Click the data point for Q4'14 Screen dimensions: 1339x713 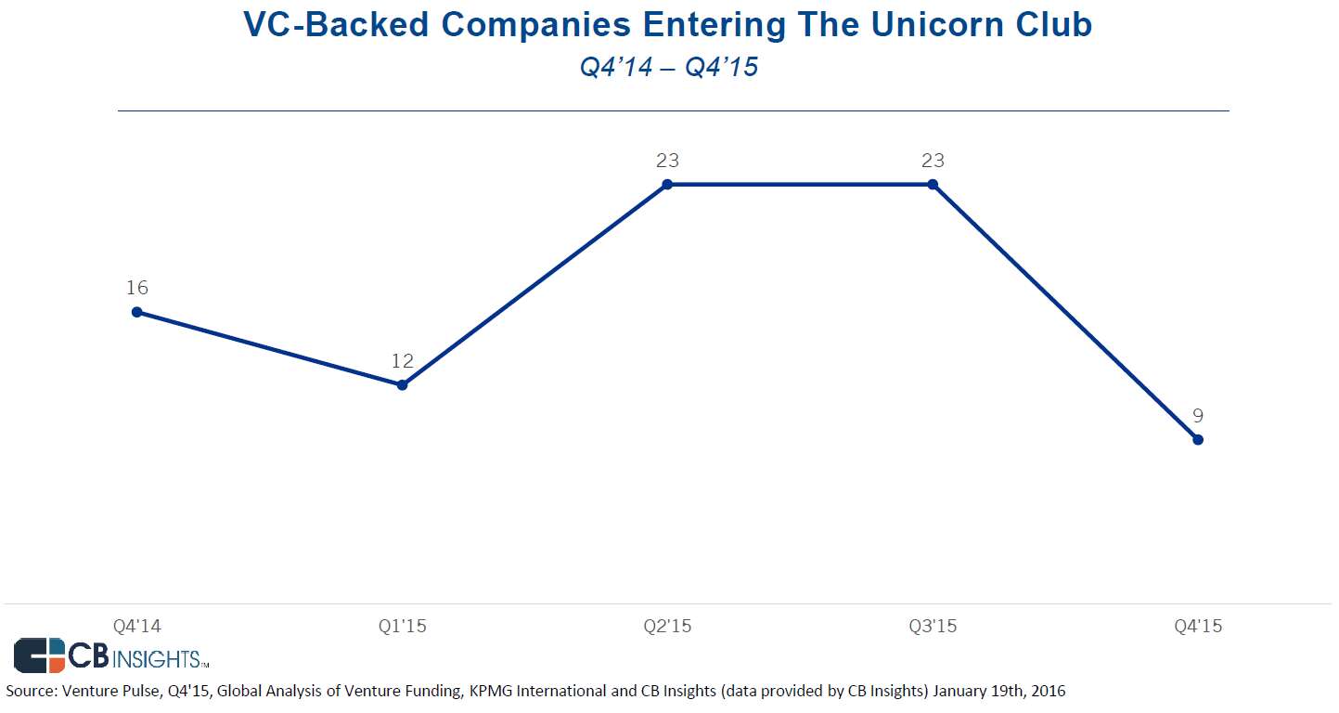pos(137,312)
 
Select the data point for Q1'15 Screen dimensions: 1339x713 pos(402,384)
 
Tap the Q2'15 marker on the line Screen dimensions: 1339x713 pos(667,185)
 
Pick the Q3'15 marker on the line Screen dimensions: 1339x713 pos(933,185)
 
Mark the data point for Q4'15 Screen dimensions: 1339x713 pos(1198,439)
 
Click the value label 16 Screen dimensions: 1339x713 pos(137,288)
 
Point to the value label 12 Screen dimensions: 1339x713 pos(402,361)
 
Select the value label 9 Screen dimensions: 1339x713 pos(1198,416)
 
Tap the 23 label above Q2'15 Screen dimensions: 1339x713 pos(667,161)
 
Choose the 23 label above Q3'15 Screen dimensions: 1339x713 pos(933,161)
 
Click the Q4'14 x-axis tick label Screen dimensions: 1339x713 pos(137,627)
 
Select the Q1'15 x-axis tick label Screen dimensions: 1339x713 pos(402,627)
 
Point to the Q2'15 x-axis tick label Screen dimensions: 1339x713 pos(667,627)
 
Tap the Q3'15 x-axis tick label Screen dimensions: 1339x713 pos(933,627)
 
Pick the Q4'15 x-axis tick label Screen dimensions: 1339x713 pos(1198,627)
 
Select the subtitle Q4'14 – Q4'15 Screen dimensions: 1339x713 pos(668,67)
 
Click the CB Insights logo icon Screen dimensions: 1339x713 pos(40,655)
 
